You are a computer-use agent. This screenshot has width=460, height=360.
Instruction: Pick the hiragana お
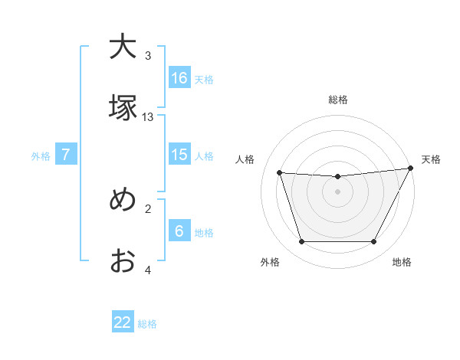coord(123,261)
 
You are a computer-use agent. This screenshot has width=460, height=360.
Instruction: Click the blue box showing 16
coord(179,77)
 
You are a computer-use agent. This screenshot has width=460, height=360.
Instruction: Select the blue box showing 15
coord(179,155)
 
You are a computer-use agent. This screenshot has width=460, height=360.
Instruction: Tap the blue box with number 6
coord(179,231)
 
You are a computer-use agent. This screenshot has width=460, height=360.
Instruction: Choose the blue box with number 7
coord(66,155)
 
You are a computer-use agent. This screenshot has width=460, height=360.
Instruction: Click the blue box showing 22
coord(123,322)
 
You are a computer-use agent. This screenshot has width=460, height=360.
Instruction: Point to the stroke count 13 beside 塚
coord(148,117)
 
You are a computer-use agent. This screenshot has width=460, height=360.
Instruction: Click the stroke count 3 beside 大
coord(148,56)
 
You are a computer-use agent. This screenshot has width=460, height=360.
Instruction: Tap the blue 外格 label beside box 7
coord(41,156)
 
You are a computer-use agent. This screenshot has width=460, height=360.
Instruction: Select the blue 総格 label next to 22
coord(147,324)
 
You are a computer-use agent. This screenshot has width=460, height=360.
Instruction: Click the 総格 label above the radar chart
coord(338,100)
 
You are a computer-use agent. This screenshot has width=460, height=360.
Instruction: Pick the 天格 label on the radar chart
coord(431,159)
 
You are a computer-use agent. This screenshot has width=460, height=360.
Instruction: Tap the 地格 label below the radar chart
coord(402,262)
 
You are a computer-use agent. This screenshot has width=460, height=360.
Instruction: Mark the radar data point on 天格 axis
coord(412,169)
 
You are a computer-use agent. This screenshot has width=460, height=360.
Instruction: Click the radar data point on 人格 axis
coord(280,172)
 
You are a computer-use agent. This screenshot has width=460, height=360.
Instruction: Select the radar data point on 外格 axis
coord(301,242)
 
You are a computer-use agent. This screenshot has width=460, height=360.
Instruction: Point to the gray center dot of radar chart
coord(338,191)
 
